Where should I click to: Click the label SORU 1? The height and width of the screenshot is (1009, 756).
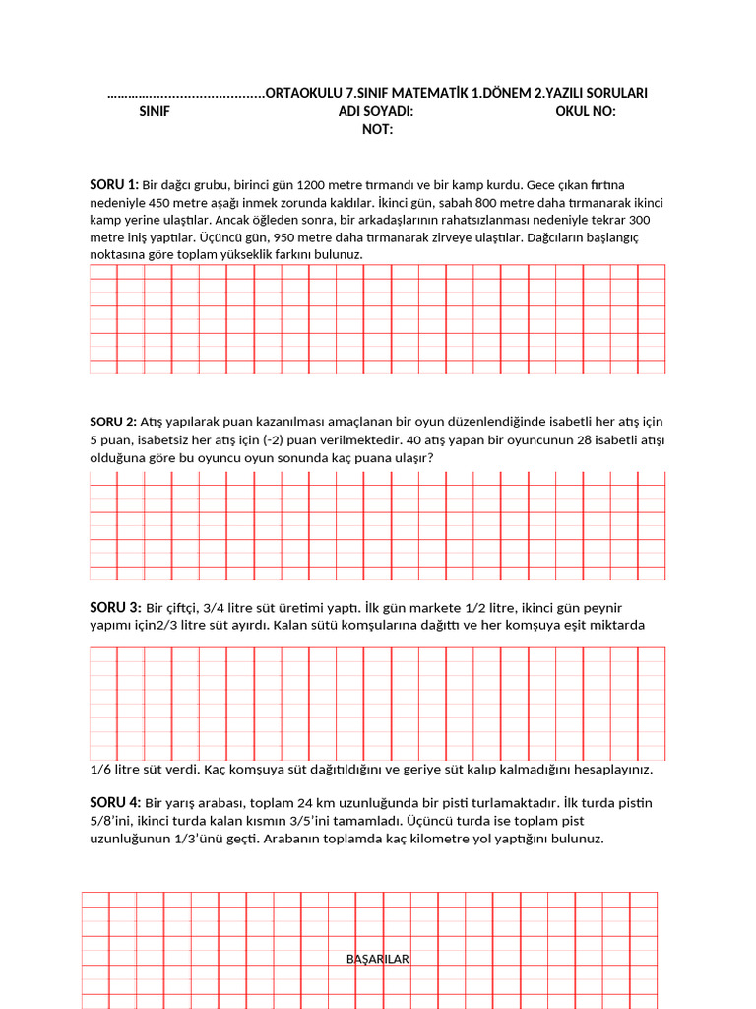coord(114,184)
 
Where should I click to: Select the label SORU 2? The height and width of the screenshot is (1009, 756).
coord(113,422)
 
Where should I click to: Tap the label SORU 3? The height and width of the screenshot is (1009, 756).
coord(115,607)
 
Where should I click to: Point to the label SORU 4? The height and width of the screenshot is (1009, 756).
coord(115,802)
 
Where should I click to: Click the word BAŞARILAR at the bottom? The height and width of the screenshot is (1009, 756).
coord(378,959)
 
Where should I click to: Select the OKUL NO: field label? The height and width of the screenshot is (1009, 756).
coord(586,111)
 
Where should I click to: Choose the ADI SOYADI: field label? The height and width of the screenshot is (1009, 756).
coord(376,111)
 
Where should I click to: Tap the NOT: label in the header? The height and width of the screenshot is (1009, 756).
coord(377,129)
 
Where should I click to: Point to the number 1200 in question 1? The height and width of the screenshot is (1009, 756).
coord(310,184)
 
